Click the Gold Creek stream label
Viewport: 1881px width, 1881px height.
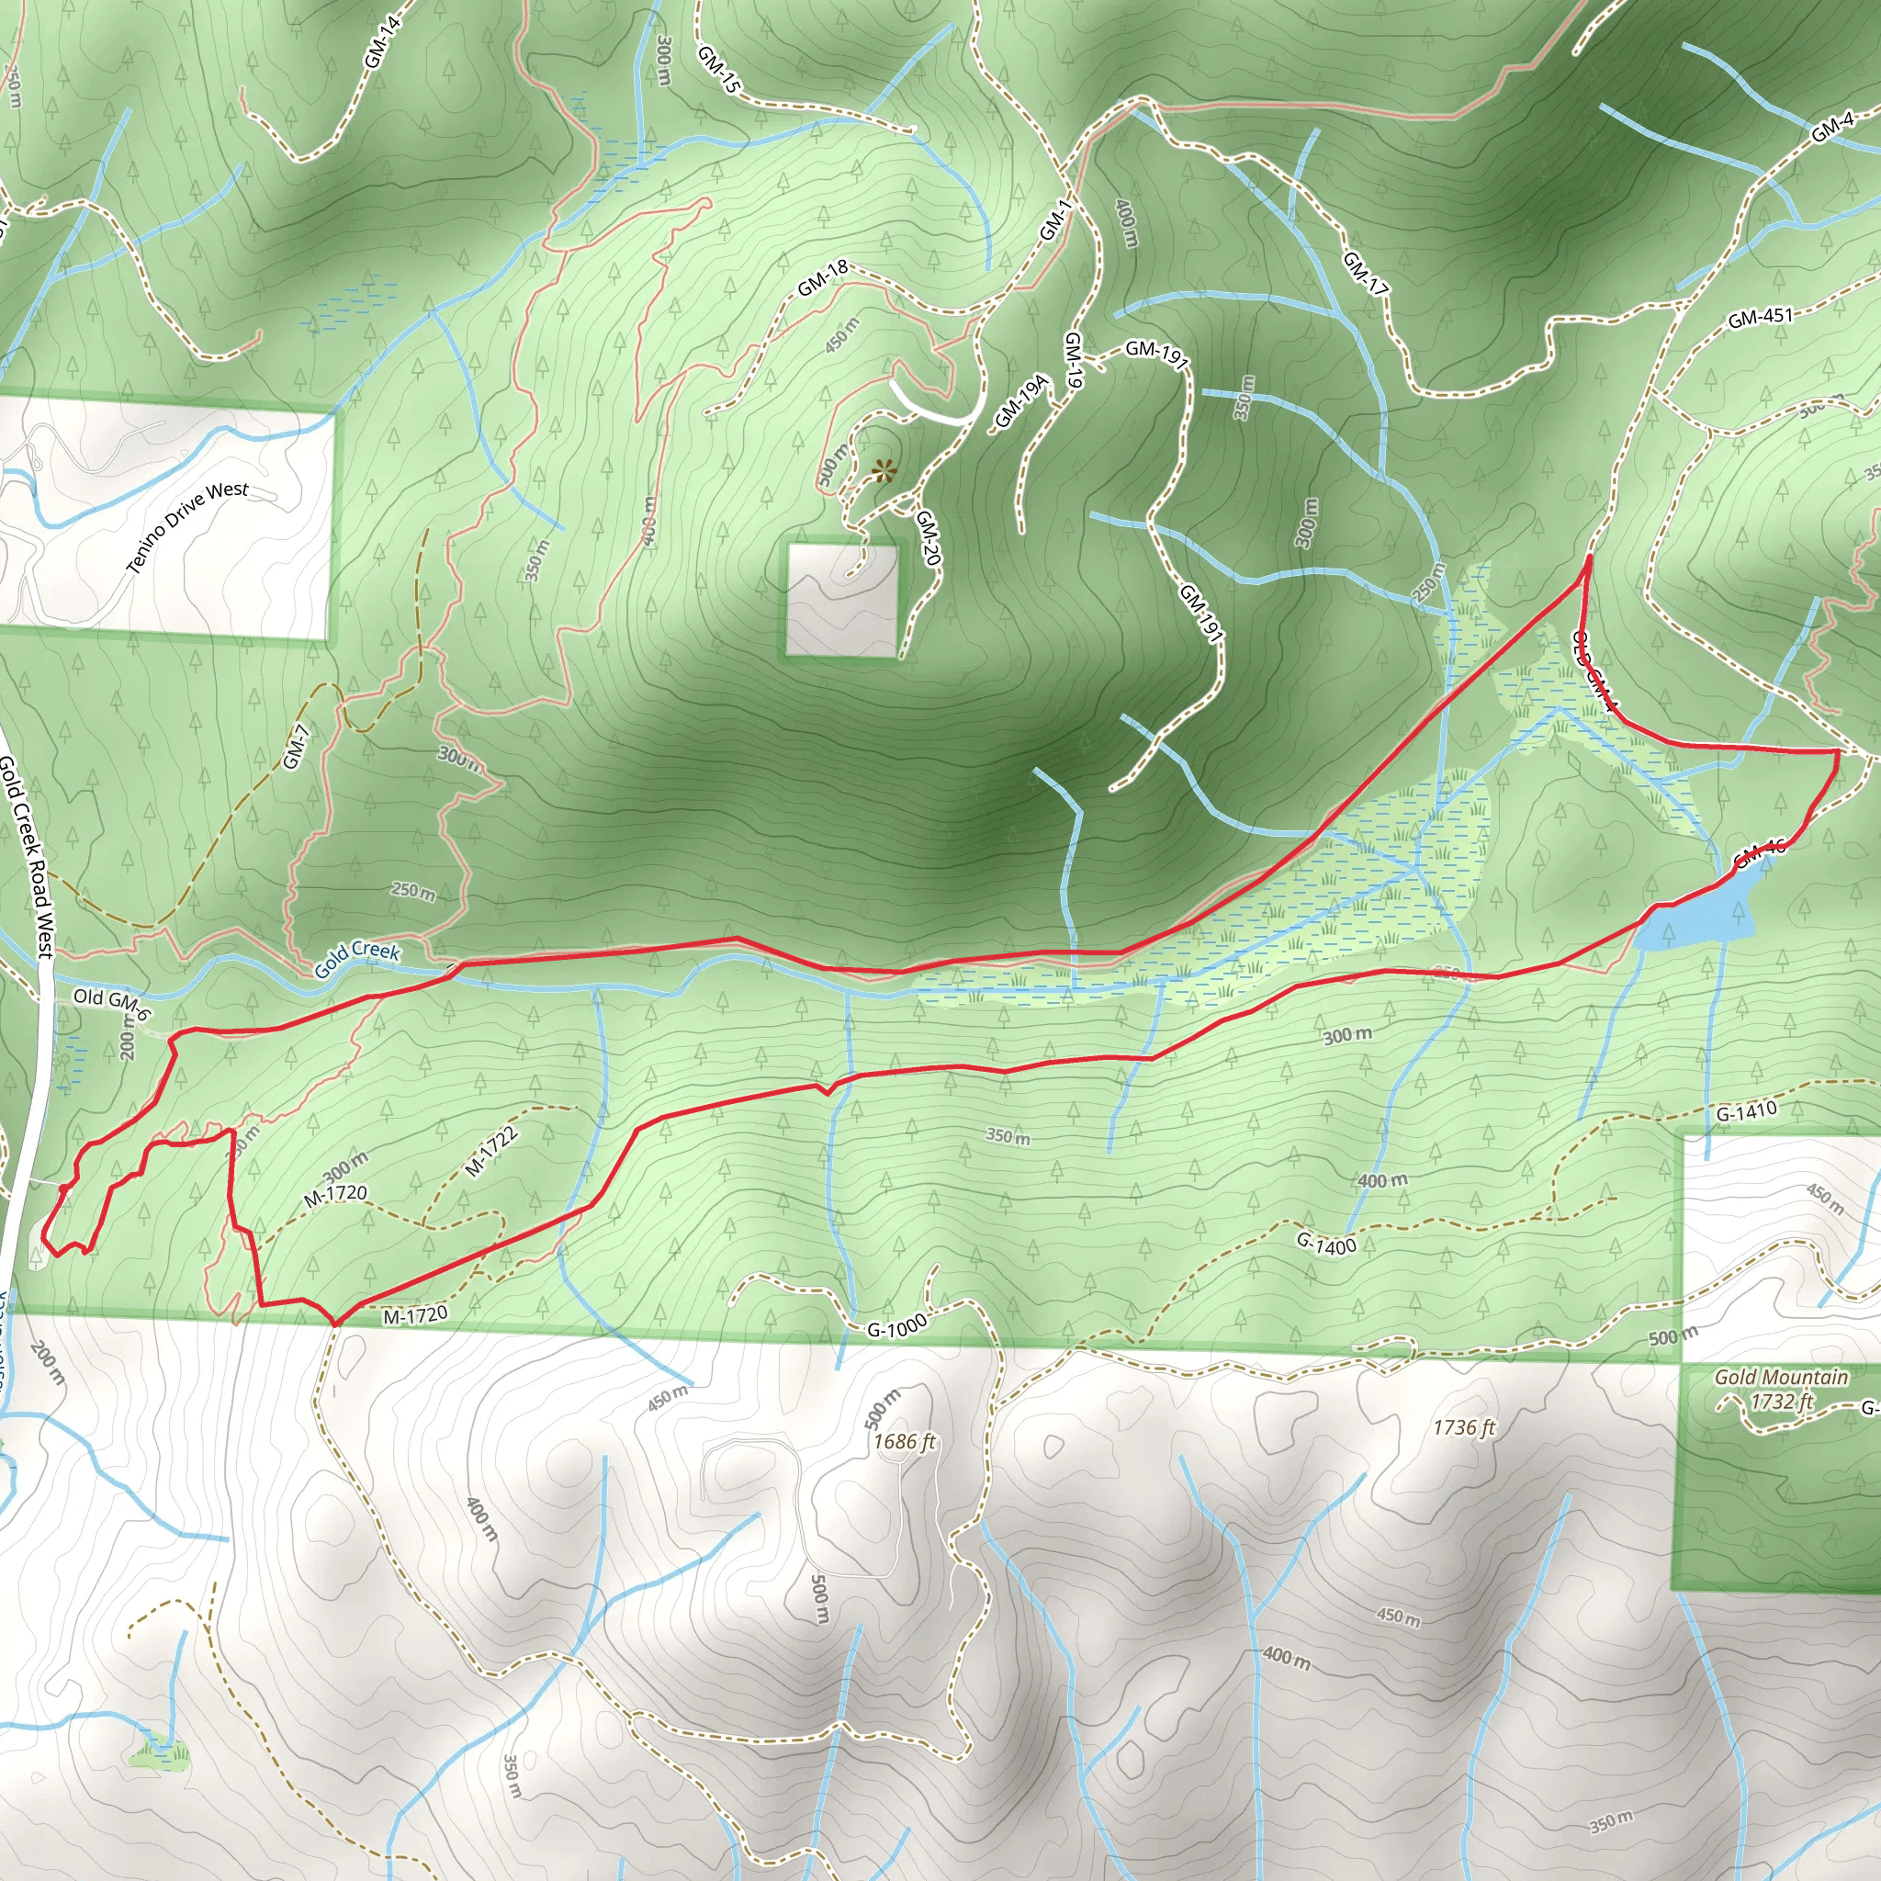pyautogui.click(x=356, y=958)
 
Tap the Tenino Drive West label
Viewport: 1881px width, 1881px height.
pyautogui.click(x=187, y=526)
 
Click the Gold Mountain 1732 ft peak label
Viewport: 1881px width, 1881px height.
pyautogui.click(x=1781, y=1390)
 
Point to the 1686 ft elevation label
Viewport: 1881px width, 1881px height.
pyautogui.click(x=904, y=1441)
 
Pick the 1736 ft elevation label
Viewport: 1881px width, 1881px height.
pyautogui.click(x=1462, y=1427)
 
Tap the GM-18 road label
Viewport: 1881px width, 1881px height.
pyautogui.click(x=823, y=278)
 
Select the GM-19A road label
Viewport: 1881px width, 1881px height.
pyautogui.click(x=1020, y=400)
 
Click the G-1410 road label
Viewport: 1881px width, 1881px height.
pyautogui.click(x=1746, y=1111)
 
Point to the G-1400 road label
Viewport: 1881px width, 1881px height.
pyautogui.click(x=1326, y=1244)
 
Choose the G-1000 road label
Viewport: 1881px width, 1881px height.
pyautogui.click(x=895, y=1327)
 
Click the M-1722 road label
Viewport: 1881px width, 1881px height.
pyautogui.click(x=490, y=1151)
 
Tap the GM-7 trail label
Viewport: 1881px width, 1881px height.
pyautogui.click(x=296, y=747)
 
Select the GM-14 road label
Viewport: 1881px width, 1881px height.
pyautogui.click(x=382, y=43)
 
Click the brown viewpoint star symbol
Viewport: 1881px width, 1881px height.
pyautogui.click(x=883, y=472)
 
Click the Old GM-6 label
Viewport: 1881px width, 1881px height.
pyautogui.click(x=112, y=1002)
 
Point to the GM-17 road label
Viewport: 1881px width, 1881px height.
pyautogui.click(x=1365, y=273)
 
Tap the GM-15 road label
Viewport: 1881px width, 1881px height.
pyautogui.click(x=719, y=70)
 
